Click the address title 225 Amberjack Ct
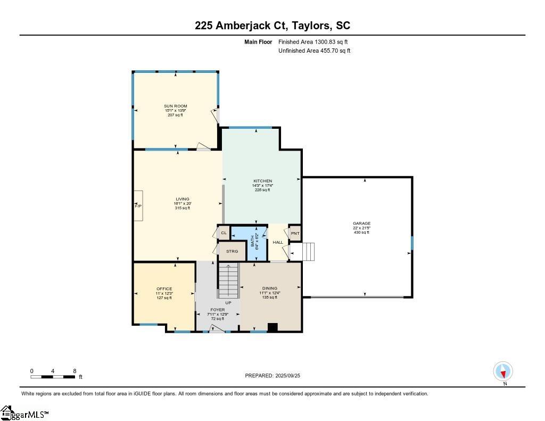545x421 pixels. pyautogui.click(x=272, y=26)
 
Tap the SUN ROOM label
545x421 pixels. pyautogui.click(x=175, y=106)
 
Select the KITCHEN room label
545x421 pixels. pyautogui.click(x=262, y=181)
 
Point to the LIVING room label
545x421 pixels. pyautogui.click(x=183, y=199)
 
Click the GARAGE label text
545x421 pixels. pyautogui.click(x=361, y=224)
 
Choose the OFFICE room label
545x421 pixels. pyautogui.click(x=164, y=289)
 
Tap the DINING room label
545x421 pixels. pyautogui.click(x=270, y=288)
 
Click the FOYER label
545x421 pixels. pyautogui.click(x=217, y=310)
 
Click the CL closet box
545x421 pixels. pyautogui.click(x=224, y=233)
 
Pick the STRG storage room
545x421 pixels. pyautogui.click(x=232, y=251)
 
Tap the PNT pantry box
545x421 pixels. pyautogui.click(x=295, y=233)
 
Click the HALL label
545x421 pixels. pyautogui.click(x=278, y=243)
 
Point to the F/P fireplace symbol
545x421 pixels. pyautogui.click(x=138, y=205)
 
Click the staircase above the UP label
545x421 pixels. pyautogui.click(x=228, y=280)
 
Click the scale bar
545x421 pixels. pyautogui.click(x=53, y=377)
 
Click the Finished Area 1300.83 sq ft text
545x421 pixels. pyautogui.click(x=313, y=42)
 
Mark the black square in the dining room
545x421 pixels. pyautogui.click(x=272, y=327)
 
